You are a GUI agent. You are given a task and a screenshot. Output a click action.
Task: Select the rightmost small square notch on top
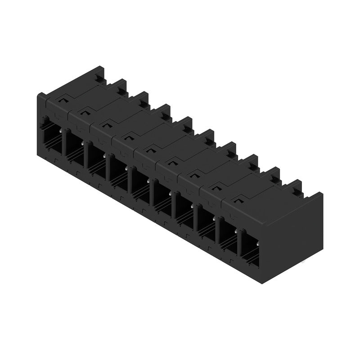238,198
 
